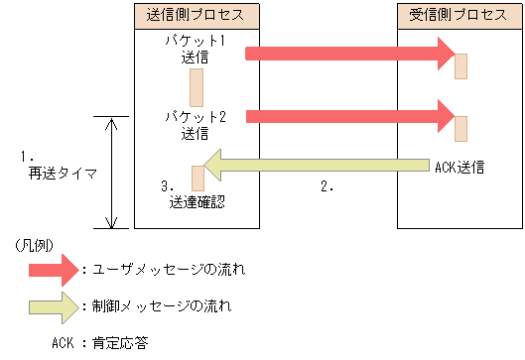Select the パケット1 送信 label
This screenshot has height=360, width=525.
(196, 50)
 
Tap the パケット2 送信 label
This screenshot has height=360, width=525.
(196, 125)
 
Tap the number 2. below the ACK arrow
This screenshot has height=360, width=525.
(327, 185)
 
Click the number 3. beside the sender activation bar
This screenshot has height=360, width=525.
(167, 184)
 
